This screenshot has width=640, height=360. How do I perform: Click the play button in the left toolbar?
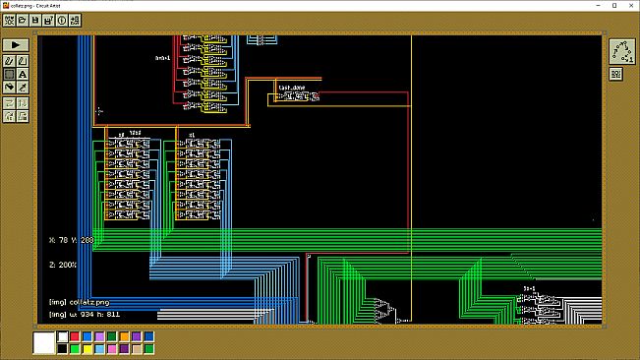(18, 45)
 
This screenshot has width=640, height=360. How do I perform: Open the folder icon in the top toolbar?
(23, 20)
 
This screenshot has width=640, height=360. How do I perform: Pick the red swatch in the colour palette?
(75, 336)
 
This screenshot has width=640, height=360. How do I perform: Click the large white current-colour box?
(43, 342)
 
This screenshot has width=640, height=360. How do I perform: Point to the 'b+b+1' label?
(163, 58)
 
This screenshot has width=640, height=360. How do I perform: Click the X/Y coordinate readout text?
(72, 239)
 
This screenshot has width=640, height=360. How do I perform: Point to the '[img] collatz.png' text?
(79, 302)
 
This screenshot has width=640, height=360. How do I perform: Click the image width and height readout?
(86, 315)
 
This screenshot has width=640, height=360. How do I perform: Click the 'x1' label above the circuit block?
(191, 133)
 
